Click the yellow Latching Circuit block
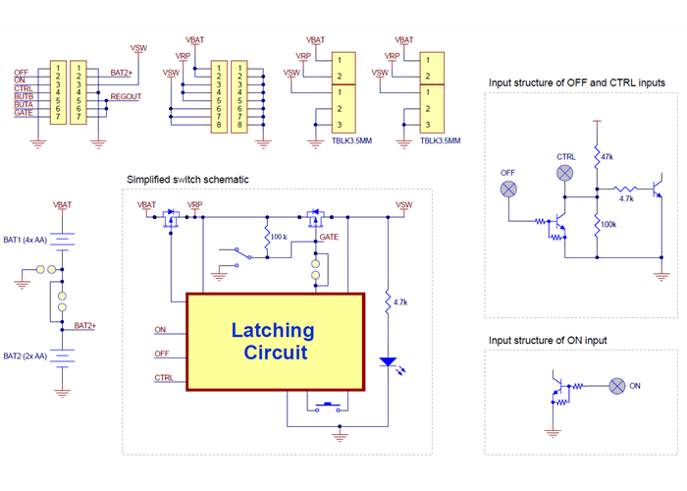click(273, 341)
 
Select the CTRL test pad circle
click(565, 173)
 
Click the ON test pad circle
click(617, 386)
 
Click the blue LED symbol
click(389, 363)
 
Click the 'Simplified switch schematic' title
click(188, 180)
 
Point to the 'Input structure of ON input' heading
click(548, 340)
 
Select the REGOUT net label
click(126, 97)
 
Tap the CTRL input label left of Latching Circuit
click(164, 377)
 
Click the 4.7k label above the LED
click(400, 303)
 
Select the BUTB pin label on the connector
click(24, 97)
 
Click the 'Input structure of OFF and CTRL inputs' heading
click(577, 82)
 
